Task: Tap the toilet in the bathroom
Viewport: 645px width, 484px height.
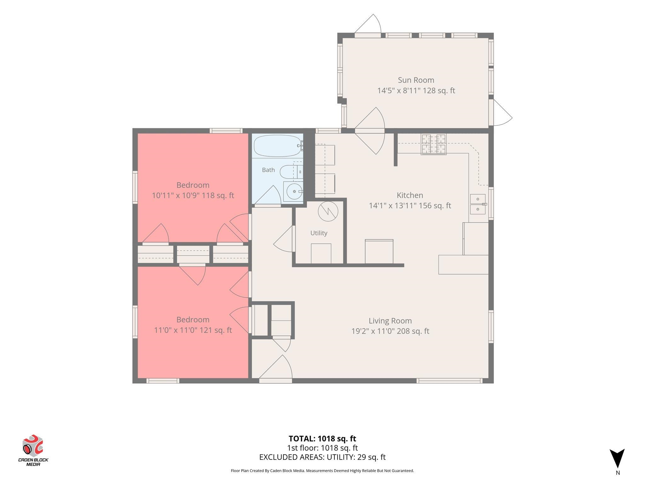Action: click(x=291, y=172)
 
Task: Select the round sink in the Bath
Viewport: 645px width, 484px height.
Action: click(x=294, y=191)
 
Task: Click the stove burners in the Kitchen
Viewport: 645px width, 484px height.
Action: click(x=434, y=144)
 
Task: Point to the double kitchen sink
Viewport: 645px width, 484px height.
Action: click(x=478, y=204)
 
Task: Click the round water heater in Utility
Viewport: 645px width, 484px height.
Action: click(x=328, y=211)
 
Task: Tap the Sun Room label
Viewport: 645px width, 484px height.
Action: click(x=416, y=80)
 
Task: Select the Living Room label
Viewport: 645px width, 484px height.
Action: click(x=390, y=321)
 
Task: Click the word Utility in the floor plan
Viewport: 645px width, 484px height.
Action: click(x=319, y=233)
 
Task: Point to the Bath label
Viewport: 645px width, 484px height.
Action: click(x=268, y=170)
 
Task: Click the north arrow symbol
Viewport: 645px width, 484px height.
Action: click(x=617, y=458)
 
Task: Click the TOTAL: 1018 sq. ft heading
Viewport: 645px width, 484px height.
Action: click(x=322, y=439)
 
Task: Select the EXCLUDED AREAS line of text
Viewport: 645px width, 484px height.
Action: click(x=322, y=457)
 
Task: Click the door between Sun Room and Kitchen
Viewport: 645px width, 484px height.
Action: click(x=370, y=130)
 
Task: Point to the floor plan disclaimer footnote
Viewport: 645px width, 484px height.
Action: click(x=322, y=471)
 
